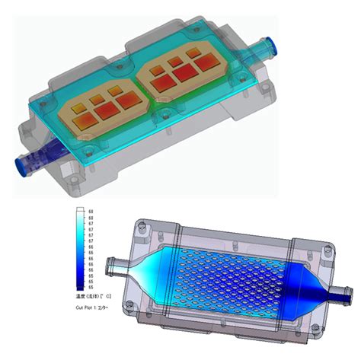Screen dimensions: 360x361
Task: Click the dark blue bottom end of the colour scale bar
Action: coord(79,288)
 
